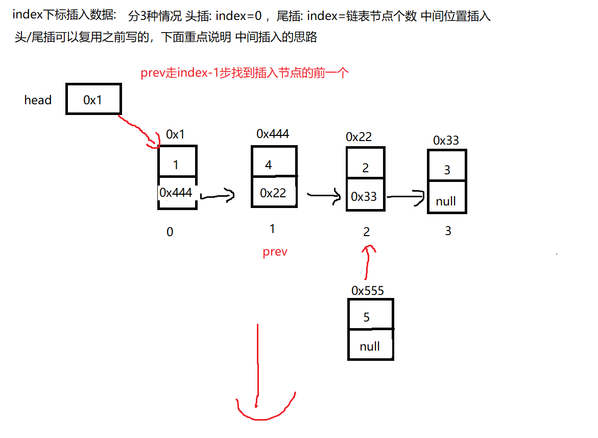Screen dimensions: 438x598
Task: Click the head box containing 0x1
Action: pos(93,100)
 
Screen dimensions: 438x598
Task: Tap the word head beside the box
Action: pos(38,100)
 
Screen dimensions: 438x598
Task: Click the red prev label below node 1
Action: pos(275,252)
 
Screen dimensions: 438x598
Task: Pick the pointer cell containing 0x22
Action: pos(273,193)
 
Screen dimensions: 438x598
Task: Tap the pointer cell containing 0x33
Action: pos(365,196)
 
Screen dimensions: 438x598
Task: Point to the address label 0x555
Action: pos(368,291)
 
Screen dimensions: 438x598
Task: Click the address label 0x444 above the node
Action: pos(273,134)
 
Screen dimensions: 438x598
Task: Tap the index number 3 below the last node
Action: pos(448,231)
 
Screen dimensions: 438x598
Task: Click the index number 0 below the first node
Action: pos(170,232)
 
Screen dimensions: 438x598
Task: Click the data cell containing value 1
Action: pos(176,165)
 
